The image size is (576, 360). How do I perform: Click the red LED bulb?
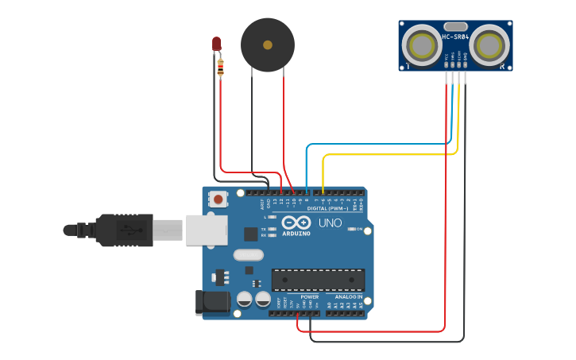click(x=216, y=44)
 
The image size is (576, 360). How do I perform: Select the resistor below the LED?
click(x=220, y=68)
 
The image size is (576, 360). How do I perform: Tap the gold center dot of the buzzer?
click(x=268, y=45)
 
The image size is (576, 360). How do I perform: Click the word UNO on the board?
click(x=330, y=223)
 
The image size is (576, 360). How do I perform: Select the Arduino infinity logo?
click(x=294, y=224)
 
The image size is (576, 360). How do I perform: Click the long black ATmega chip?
click(x=318, y=280)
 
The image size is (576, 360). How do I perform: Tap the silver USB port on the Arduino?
click(x=206, y=230)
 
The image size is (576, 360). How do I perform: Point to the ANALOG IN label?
click(x=348, y=296)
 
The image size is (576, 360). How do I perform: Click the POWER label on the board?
click(x=309, y=296)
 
